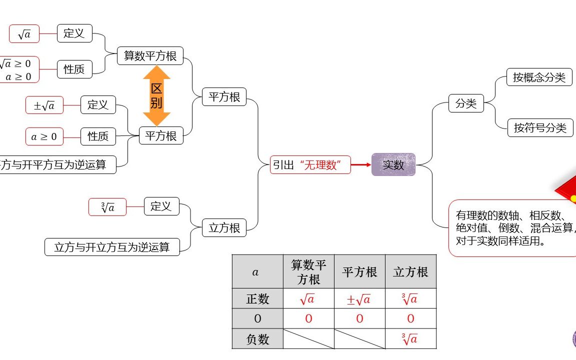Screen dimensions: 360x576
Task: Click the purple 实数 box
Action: [x=393, y=164]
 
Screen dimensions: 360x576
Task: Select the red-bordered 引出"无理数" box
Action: [x=310, y=164]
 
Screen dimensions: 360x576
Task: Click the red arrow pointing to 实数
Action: [x=361, y=164]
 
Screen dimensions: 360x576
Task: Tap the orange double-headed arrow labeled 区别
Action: [x=156, y=95]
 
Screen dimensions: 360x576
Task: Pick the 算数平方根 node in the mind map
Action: [x=150, y=55]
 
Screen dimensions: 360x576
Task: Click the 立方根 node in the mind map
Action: [x=224, y=228]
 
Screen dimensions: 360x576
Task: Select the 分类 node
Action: [x=466, y=103]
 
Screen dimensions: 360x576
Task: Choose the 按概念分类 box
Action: [x=539, y=77]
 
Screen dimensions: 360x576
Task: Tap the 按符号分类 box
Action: [x=540, y=127]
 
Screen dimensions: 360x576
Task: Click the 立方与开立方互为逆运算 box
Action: [x=112, y=247]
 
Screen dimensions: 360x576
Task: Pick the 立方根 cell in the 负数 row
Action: [x=410, y=339]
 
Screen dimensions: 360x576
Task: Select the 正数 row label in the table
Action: [x=257, y=298]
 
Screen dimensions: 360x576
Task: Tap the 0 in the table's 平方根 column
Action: [x=359, y=318]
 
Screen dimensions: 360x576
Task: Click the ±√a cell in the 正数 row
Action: [x=359, y=298]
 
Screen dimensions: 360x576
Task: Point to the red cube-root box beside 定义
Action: [x=107, y=207]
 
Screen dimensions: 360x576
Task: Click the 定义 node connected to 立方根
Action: [x=161, y=206]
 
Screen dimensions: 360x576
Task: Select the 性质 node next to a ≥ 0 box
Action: [x=98, y=136]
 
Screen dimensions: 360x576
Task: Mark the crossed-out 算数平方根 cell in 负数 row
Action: [x=308, y=339]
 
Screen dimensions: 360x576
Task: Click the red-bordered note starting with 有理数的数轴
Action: [x=512, y=228]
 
